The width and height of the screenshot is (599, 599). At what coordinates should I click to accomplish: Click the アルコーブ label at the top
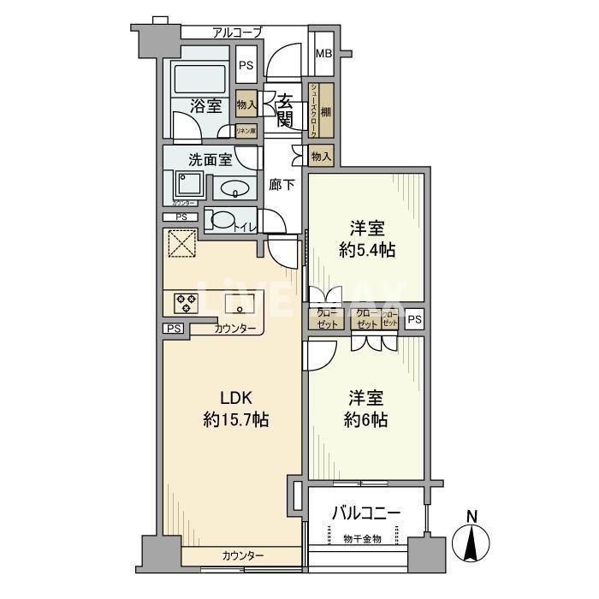point(237,33)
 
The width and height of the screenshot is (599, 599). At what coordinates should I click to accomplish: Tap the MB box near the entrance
point(323,53)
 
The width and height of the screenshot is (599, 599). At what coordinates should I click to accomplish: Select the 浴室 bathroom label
point(206,106)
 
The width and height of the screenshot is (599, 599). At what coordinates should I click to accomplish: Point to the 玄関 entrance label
point(285,109)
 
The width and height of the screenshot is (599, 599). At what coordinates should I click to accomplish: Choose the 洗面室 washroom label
point(210,159)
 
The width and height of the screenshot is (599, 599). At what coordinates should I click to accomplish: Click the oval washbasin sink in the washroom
point(235,188)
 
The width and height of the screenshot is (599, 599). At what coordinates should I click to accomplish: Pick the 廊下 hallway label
point(282,183)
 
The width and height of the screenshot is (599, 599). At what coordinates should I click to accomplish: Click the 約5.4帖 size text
point(366,250)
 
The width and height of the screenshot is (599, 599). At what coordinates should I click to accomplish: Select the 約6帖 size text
point(366,420)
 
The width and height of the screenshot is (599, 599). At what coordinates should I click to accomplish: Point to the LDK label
point(236,397)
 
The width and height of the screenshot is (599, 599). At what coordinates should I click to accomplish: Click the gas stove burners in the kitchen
point(186,302)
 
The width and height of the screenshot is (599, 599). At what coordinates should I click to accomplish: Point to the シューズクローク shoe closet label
point(314,108)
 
